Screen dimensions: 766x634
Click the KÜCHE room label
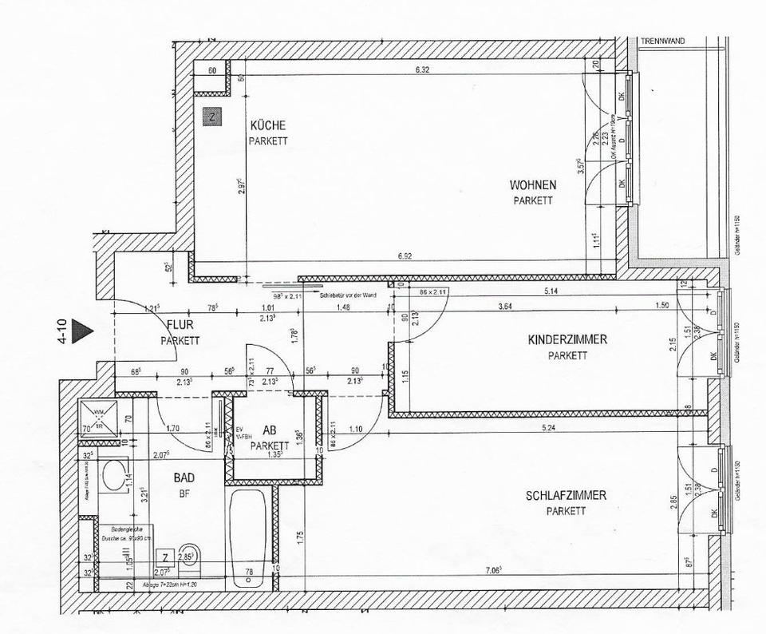click(x=267, y=126)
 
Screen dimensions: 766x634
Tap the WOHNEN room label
click(x=533, y=185)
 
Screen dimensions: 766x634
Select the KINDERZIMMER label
click(x=567, y=340)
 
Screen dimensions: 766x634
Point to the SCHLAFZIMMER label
click(x=566, y=496)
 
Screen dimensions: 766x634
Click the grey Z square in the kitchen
click(x=211, y=117)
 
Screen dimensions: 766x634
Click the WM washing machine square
click(x=100, y=415)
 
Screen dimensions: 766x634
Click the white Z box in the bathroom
click(x=165, y=557)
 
